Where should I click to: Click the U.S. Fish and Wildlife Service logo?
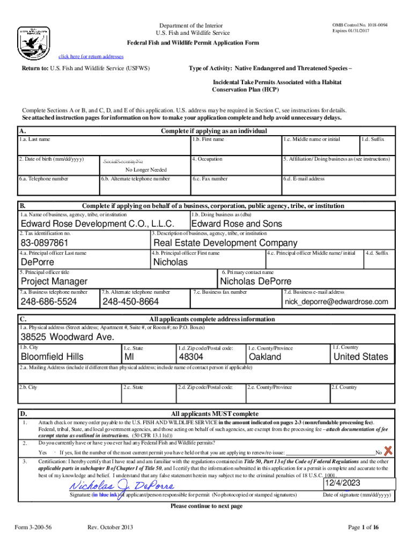[x=34, y=41]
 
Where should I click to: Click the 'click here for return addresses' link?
[x=91, y=56]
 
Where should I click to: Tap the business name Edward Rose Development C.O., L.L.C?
[x=97, y=224]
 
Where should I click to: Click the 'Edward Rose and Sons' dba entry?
[x=237, y=224]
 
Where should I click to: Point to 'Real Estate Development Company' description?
[x=225, y=243]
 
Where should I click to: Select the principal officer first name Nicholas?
[x=171, y=262]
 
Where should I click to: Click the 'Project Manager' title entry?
[x=54, y=281]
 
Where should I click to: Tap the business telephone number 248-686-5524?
[x=49, y=302]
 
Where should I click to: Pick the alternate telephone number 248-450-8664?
[x=130, y=302]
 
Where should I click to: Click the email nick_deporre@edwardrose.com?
[x=336, y=302]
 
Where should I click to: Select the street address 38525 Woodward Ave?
[x=67, y=337]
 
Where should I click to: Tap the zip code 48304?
[x=191, y=357]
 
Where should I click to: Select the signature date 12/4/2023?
[x=343, y=483]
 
